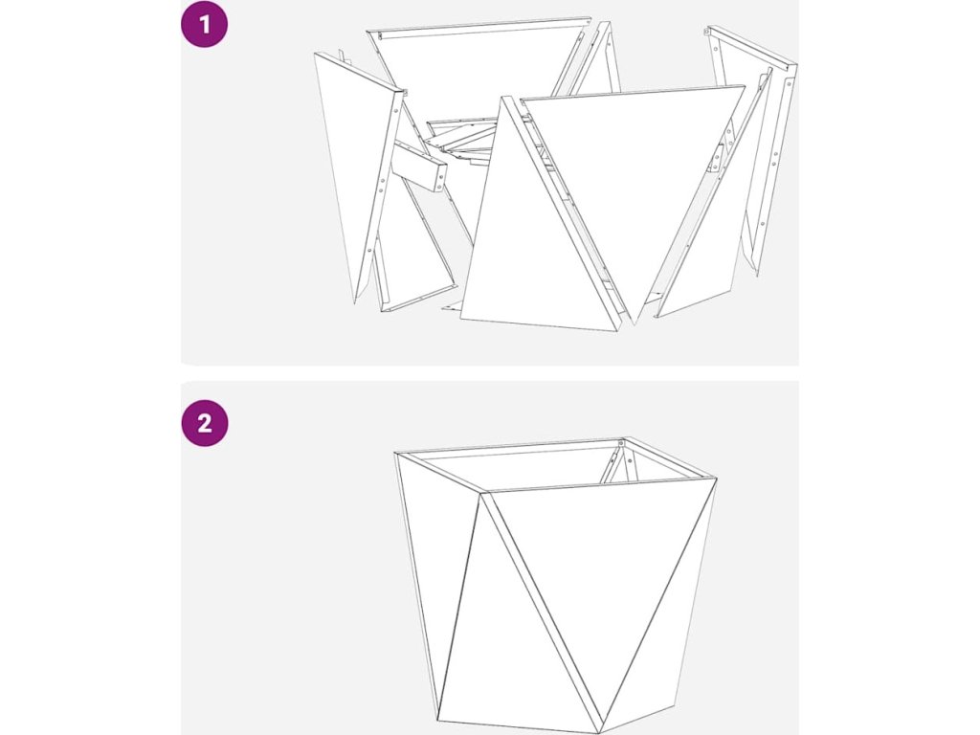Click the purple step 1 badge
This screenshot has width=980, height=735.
[x=205, y=24]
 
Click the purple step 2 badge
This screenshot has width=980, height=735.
[x=205, y=423]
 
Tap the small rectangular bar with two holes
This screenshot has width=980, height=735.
[x=420, y=166]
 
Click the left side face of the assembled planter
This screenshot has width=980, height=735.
[x=432, y=575]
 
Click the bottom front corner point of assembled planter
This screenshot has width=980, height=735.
[x=599, y=732]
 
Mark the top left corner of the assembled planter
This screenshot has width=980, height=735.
[x=394, y=453]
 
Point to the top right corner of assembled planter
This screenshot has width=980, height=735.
[x=716, y=479]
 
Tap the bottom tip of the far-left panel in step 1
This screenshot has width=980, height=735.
[x=355, y=304]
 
